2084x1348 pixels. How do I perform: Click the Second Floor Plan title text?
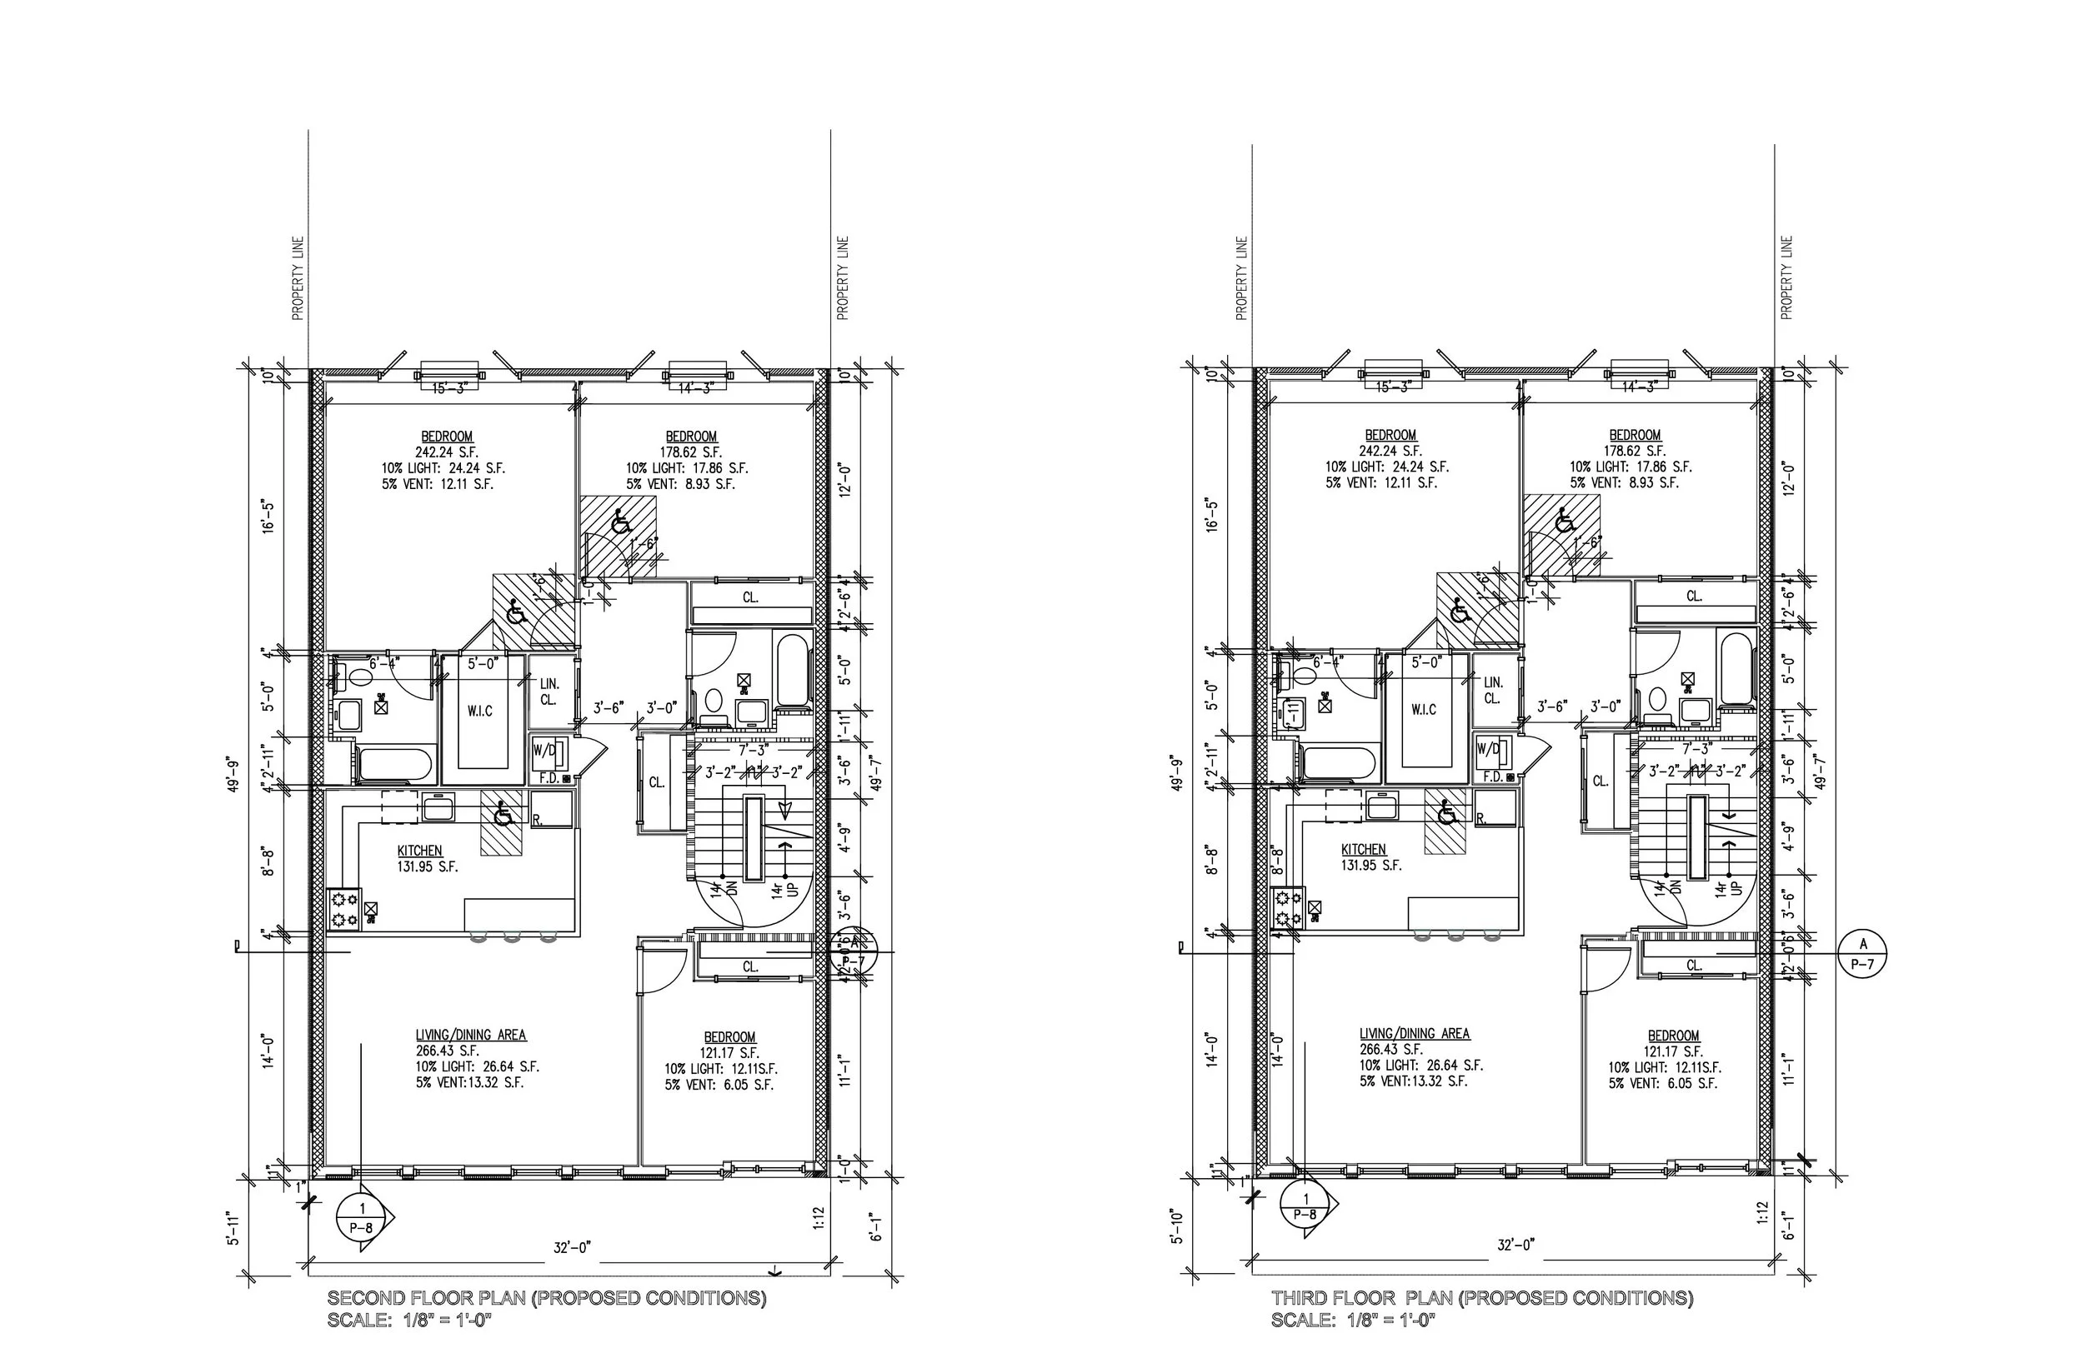click(x=546, y=1297)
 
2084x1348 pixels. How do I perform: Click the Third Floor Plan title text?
click(x=1481, y=1297)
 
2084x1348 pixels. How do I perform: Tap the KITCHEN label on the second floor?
click(x=419, y=850)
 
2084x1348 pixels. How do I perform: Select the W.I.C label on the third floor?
click(x=1424, y=709)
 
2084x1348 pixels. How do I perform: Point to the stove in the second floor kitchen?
click(x=345, y=910)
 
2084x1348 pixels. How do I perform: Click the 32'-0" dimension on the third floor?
click(x=1515, y=1245)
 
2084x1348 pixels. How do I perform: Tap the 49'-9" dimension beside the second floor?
click(x=233, y=774)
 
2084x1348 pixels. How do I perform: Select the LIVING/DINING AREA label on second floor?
click(x=471, y=1035)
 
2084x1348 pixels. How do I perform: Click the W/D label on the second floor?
click(x=544, y=750)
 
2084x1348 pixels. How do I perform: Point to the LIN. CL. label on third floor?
click(x=1493, y=690)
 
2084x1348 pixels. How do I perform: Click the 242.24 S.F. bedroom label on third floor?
click(x=1390, y=451)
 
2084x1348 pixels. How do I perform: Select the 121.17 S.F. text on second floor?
click(x=729, y=1052)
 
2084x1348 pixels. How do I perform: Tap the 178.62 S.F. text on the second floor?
click(x=691, y=452)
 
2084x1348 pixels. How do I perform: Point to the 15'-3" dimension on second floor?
click(x=449, y=387)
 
